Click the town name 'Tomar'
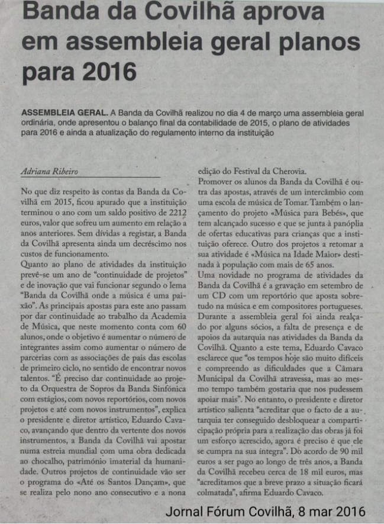pos(270,201)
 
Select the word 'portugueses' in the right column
pos(340,302)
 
